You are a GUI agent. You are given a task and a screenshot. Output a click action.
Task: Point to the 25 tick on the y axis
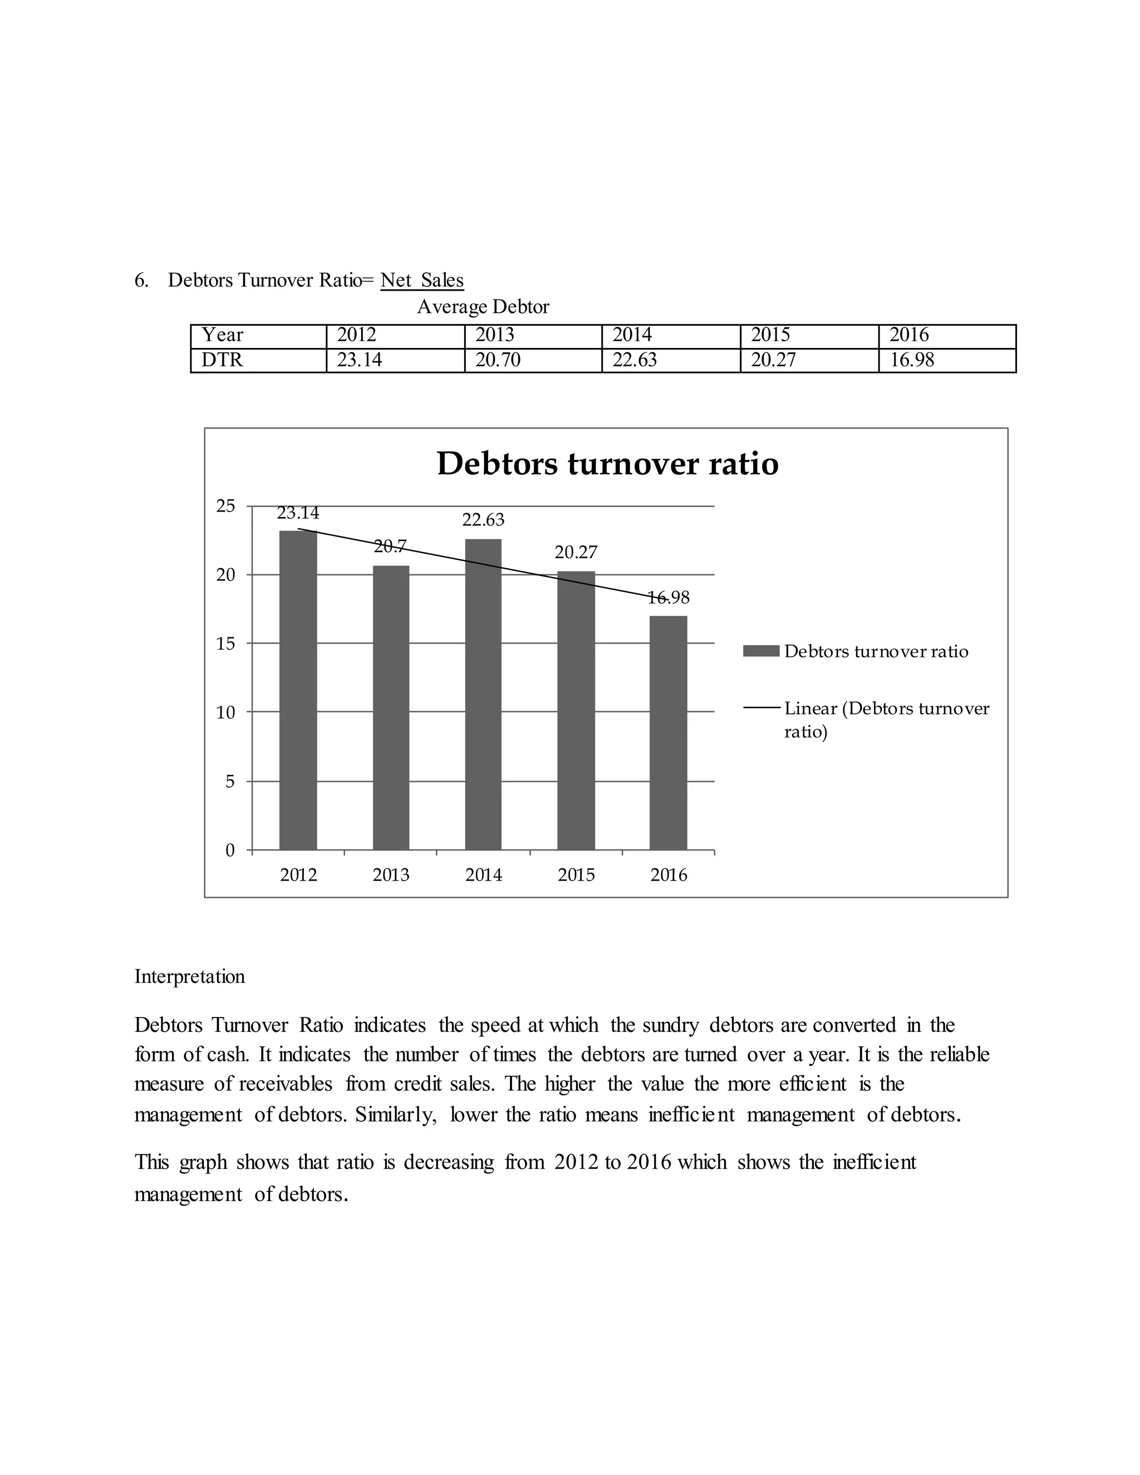pyautogui.click(x=225, y=506)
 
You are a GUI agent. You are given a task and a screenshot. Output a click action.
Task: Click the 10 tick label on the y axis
pyautogui.click(x=225, y=712)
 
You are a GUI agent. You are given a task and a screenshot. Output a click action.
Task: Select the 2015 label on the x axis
pyautogui.click(x=576, y=876)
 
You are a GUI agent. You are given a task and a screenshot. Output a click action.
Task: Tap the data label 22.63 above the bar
pyautogui.click(x=483, y=520)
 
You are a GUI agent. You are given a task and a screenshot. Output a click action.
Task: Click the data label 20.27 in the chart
pyautogui.click(x=576, y=553)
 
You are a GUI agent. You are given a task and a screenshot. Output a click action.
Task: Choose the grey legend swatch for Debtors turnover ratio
pyautogui.click(x=760, y=651)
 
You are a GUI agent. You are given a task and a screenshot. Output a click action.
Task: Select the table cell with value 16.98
pyautogui.click(x=912, y=361)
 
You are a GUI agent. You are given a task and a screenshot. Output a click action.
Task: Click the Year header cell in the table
pyautogui.click(x=223, y=336)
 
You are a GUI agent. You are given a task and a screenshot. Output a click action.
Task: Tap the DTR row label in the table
pyautogui.click(x=222, y=361)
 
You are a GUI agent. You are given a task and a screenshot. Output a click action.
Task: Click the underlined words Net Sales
pyautogui.click(x=422, y=281)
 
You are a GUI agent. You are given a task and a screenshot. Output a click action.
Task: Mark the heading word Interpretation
pyautogui.click(x=190, y=977)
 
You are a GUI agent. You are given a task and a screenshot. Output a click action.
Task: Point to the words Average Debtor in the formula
pyautogui.click(x=483, y=307)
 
